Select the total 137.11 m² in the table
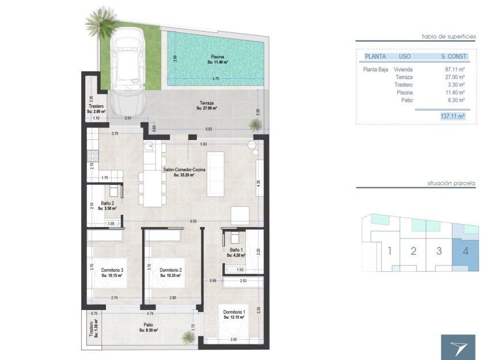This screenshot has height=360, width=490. tap(452, 116)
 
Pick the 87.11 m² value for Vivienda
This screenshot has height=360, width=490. tap(455, 69)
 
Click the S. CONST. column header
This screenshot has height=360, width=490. tap(453, 57)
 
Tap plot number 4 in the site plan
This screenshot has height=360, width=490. tap(465, 251)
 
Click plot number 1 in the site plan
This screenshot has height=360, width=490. tap(390, 251)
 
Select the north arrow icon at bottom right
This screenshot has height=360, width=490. tap(458, 347)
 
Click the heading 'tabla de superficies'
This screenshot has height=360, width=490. tap(449, 36)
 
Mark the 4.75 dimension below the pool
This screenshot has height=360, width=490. tap(215, 78)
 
